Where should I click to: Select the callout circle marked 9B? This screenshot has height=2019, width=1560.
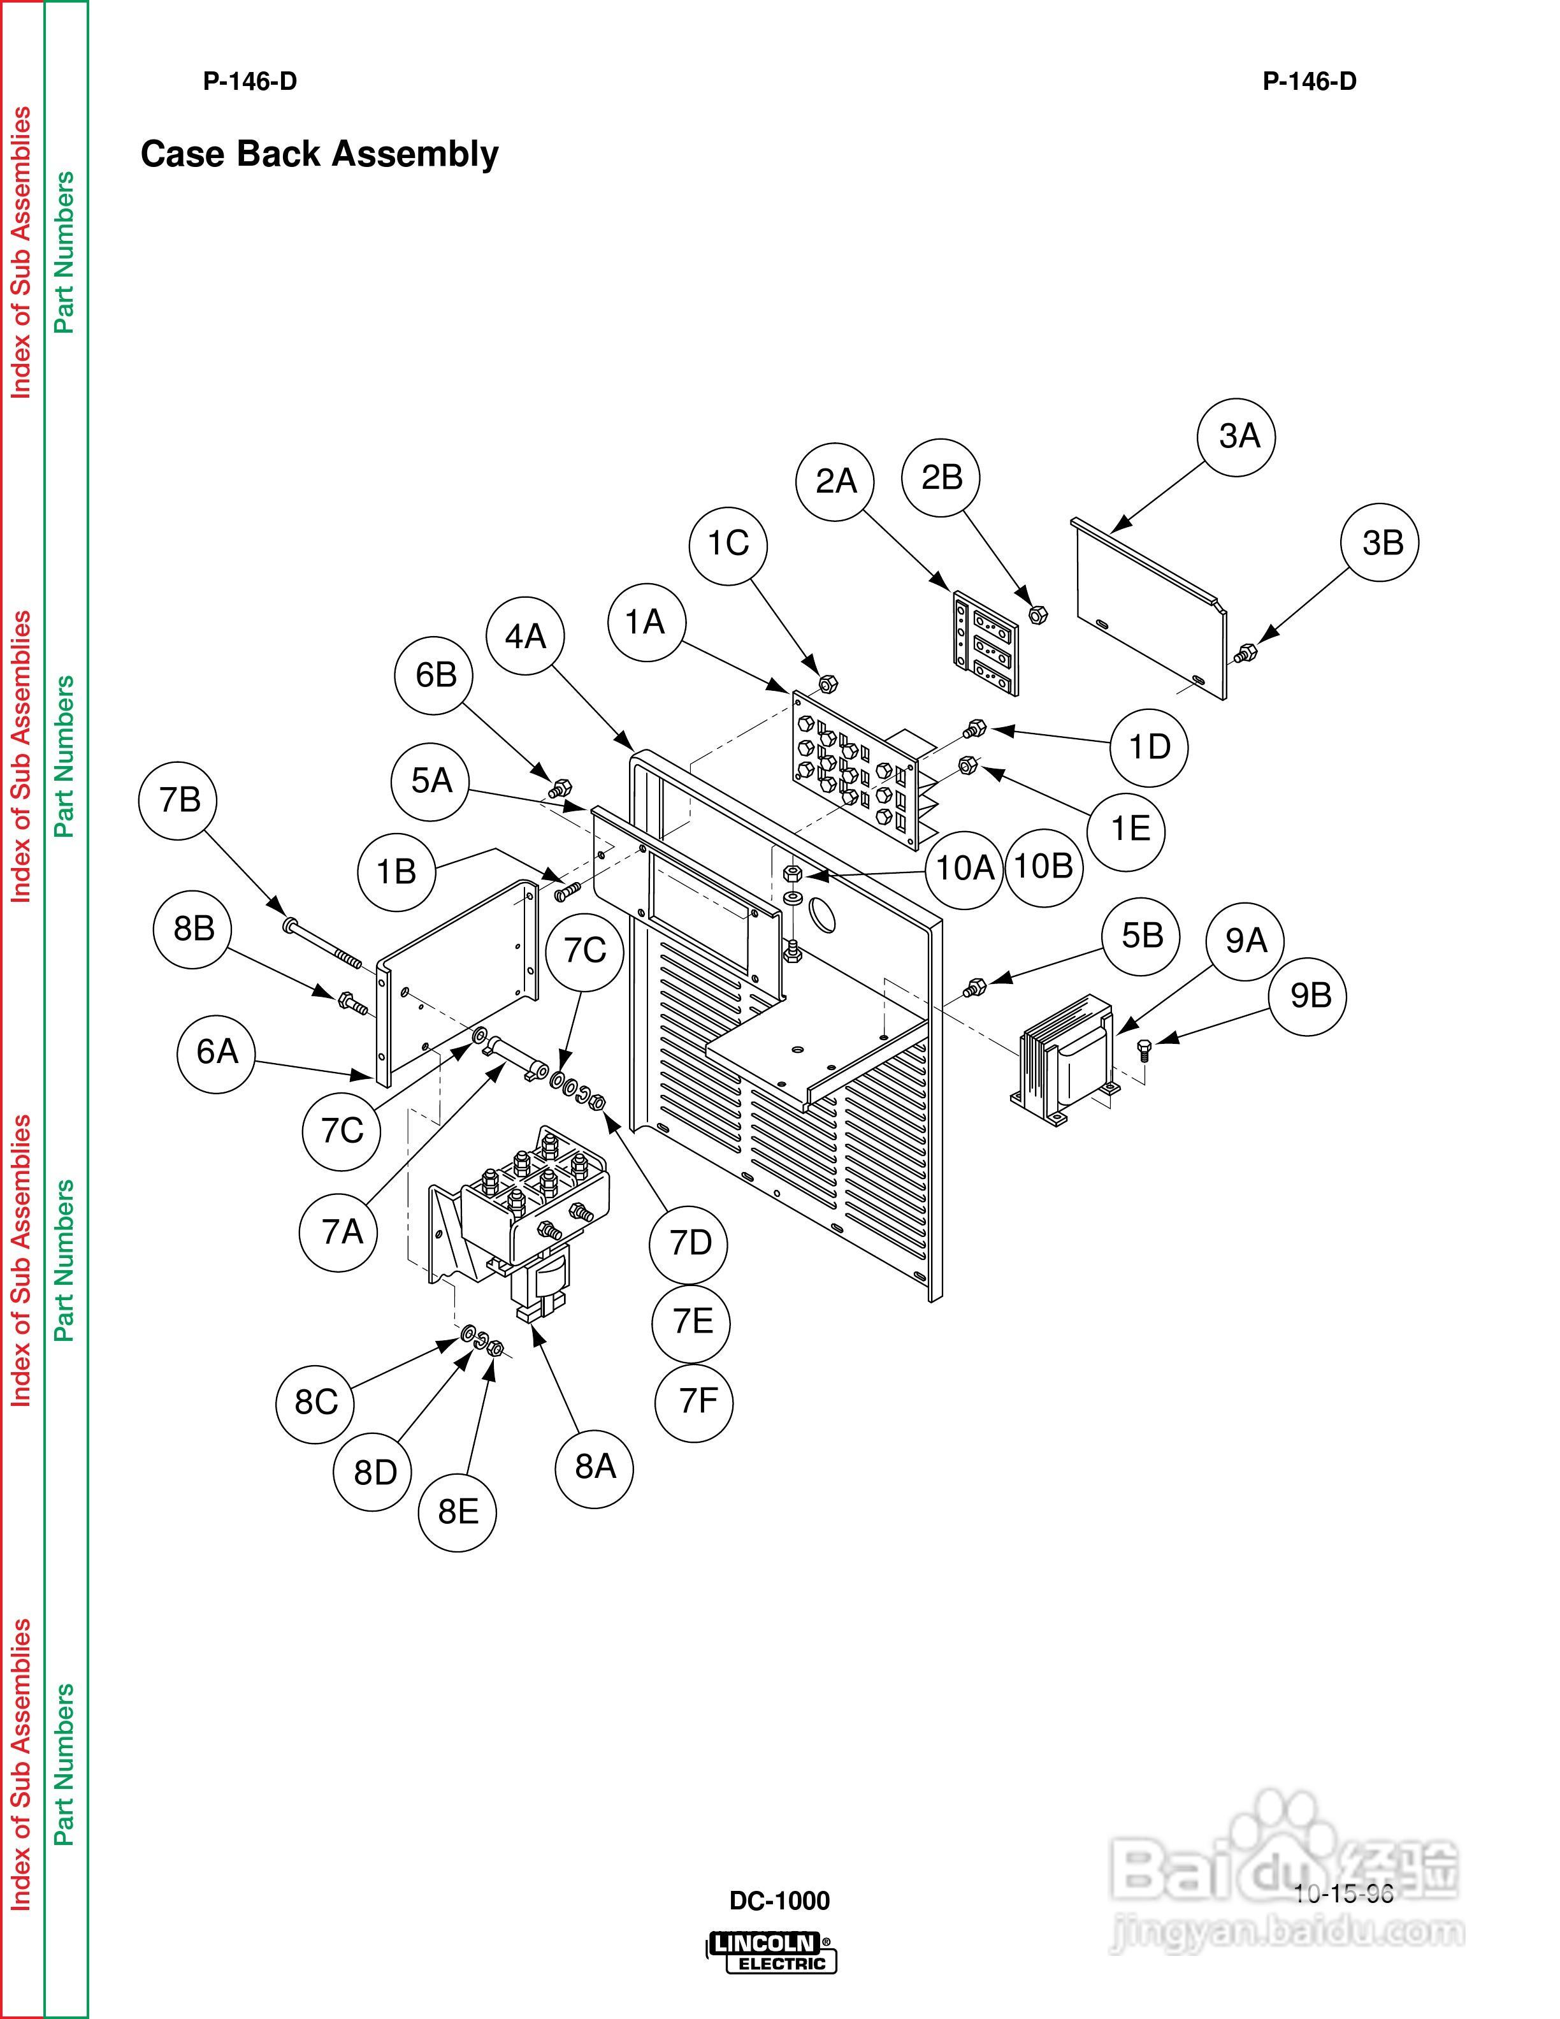tap(1310, 995)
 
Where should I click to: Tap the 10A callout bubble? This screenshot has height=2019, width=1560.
tap(964, 868)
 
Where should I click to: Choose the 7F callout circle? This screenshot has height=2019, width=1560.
tap(693, 1401)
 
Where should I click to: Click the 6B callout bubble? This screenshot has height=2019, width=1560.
tap(435, 675)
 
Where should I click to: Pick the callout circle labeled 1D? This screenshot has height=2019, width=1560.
tap(1150, 747)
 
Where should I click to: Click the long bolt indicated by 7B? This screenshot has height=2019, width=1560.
tap(324, 943)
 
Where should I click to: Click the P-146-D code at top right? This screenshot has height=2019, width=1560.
tap(1310, 82)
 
